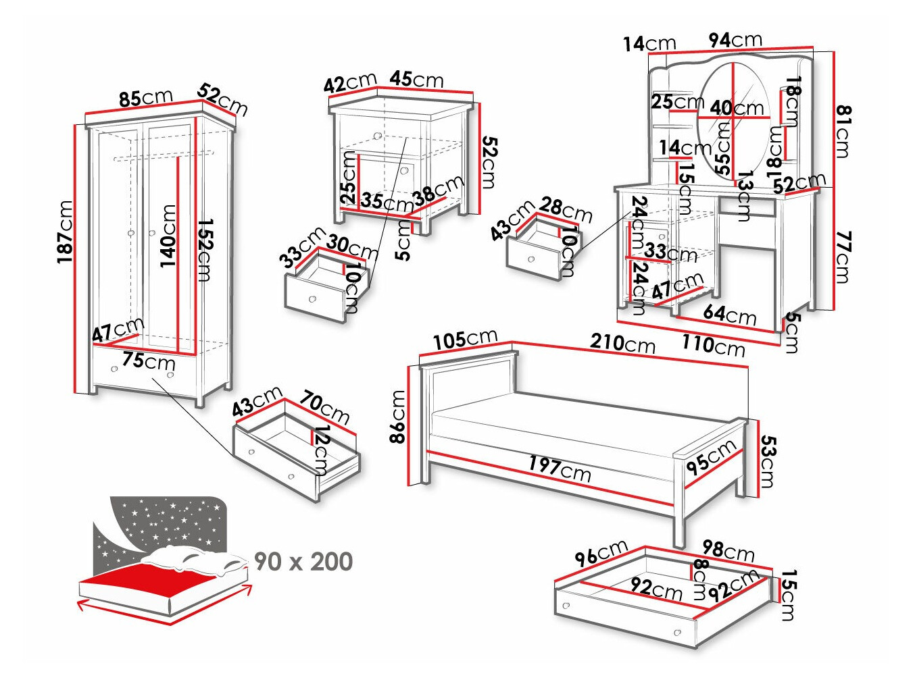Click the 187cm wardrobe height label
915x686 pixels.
(x=66, y=232)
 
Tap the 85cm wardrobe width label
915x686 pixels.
(x=145, y=98)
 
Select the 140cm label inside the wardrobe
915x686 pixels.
(x=168, y=236)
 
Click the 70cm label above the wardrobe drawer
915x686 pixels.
(x=324, y=407)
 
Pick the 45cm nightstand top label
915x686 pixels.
(x=416, y=79)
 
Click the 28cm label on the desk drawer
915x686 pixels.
(x=566, y=210)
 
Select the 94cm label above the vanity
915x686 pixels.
(x=735, y=41)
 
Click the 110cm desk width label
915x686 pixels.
(x=713, y=345)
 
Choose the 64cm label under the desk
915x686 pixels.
(x=729, y=314)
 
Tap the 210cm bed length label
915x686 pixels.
(x=622, y=343)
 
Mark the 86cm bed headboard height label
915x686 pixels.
(x=398, y=417)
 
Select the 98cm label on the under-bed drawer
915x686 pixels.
(x=728, y=551)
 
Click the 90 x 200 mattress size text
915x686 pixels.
(x=303, y=562)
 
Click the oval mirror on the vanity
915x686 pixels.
(x=733, y=122)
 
